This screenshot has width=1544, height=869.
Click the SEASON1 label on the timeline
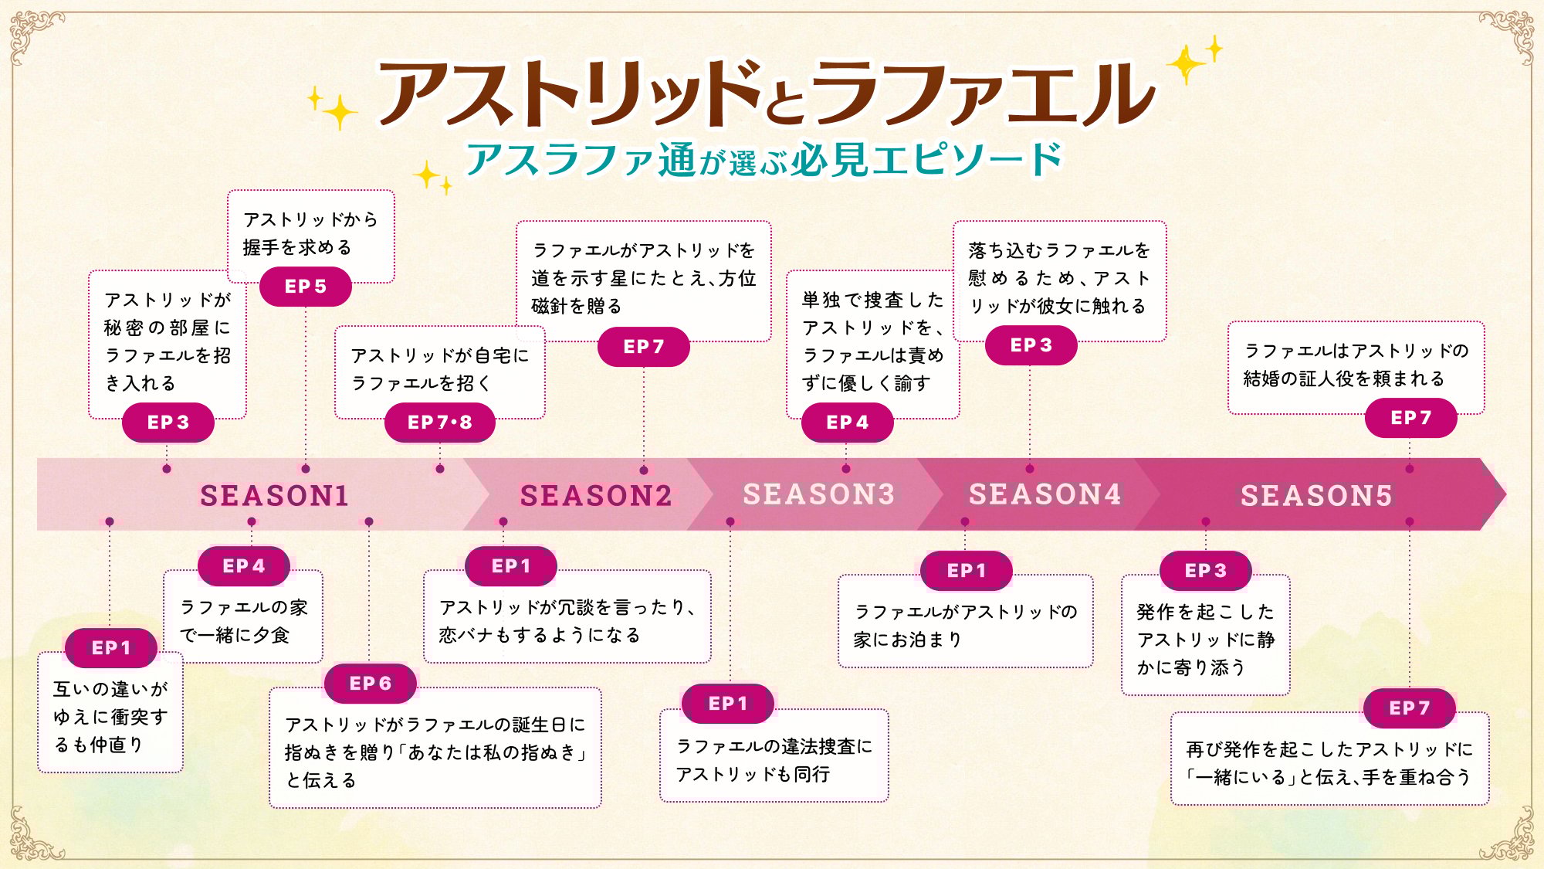pos(274,495)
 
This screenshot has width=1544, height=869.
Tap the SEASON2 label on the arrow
pos(596,495)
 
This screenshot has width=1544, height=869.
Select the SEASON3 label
pos(818,494)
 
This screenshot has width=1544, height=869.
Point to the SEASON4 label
pos(1045,494)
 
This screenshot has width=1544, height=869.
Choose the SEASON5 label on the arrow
pos(1316,495)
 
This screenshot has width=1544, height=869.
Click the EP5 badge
pos(306,287)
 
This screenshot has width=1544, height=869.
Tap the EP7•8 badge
pos(439,423)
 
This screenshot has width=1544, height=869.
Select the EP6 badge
pos(371,684)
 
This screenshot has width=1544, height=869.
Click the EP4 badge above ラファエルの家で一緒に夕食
pos(244,566)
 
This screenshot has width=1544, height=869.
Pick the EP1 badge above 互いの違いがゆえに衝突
pos(111,648)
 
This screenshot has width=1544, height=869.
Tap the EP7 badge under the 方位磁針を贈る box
pos(644,347)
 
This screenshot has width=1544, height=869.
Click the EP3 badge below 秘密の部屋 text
pos(168,423)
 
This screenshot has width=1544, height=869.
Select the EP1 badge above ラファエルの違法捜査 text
pos(728,704)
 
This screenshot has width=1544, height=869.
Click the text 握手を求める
pos(297,247)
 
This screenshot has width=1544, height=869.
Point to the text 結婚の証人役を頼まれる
pos(1343,378)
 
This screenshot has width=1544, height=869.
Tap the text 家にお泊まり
pos(907,640)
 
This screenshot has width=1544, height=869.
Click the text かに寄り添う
pos(1190,667)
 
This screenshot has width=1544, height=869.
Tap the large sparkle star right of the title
pos(1186,65)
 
